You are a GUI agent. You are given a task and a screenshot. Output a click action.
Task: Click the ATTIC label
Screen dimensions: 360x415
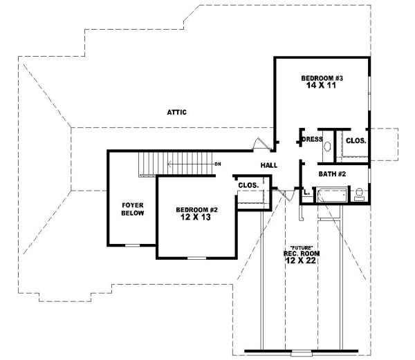coord(177,112)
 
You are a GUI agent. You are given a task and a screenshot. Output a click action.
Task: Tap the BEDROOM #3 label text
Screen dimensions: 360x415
coord(323,78)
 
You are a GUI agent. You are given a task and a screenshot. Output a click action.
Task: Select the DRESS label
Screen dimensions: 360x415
coord(313,139)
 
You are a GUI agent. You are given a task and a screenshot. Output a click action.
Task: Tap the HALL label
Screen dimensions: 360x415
coord(269,166)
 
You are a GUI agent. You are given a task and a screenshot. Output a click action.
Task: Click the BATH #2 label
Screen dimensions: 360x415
coord(332,173)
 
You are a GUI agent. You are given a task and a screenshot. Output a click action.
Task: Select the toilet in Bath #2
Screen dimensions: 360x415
coord(359,194)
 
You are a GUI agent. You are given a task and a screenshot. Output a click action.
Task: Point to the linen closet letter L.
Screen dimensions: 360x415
coord(306,193)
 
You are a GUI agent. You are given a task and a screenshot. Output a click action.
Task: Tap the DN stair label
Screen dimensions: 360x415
coord(217,164)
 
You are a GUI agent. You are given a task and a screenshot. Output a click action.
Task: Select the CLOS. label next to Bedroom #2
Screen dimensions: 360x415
coord(248,185)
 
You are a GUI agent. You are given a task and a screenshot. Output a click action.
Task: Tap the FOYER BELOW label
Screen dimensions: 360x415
coord(133,209)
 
